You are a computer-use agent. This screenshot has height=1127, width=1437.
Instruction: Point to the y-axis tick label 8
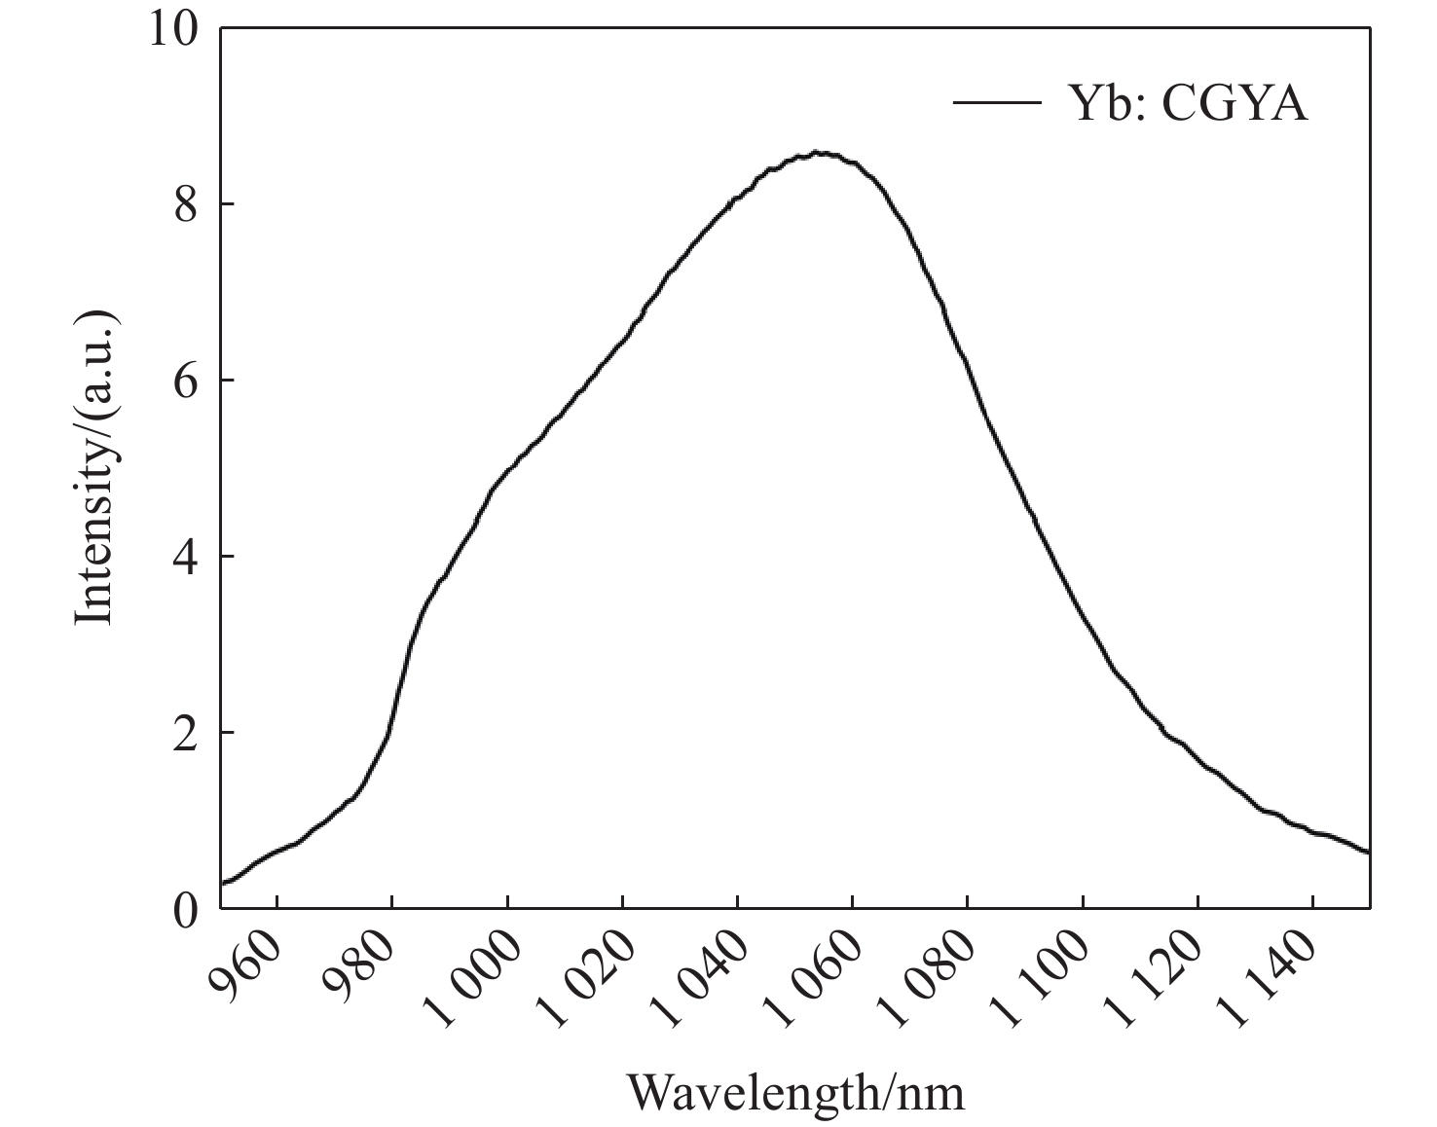pos(185,204)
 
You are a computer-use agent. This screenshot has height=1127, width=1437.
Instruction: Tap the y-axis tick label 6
pos(185,381)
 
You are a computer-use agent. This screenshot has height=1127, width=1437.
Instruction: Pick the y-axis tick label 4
pos(185,557)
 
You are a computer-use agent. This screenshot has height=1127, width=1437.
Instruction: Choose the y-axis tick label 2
pos(185,733)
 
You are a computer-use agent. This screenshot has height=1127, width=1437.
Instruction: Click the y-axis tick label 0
pos(185,909)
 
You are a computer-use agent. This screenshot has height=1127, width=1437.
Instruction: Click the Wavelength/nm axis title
pos(795,1092)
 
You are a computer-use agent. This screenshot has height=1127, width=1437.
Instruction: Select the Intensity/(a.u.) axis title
pos(96,468)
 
